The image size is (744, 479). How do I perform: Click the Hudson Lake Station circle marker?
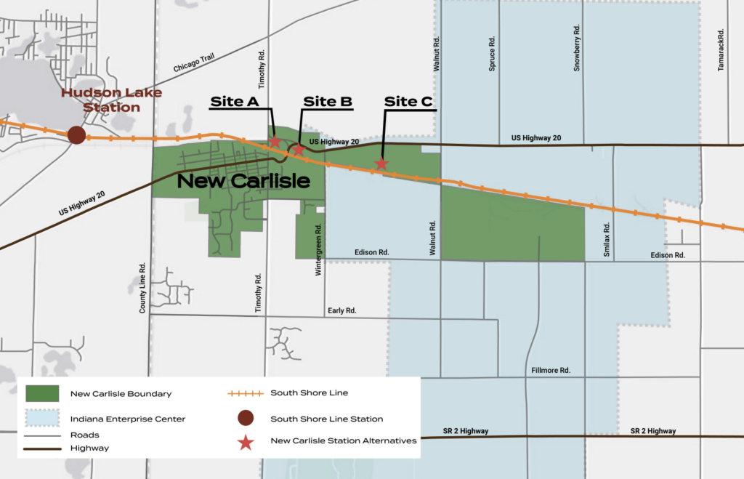point(76,134)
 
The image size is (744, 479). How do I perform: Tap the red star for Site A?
point(275,142)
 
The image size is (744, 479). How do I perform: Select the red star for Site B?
point(298,150)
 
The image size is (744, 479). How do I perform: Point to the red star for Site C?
point(381,164)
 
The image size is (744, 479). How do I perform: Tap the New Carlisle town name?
point(243,181)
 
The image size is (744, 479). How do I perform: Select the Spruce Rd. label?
point(492,53)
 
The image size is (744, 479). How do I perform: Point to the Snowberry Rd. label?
point(577,48)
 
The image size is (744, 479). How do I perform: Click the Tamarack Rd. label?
point(721,49)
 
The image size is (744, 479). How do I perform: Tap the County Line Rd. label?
point(143,287)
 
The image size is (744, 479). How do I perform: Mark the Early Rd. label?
point(342,310)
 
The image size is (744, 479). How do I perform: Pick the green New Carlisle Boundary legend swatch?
point(42,393)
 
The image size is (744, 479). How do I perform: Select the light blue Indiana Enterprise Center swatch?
point(42,419)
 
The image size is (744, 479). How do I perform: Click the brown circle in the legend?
point(246,418)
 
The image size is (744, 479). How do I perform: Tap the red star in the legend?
point(246,440)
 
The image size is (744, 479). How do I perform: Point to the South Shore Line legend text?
point(309,393)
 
